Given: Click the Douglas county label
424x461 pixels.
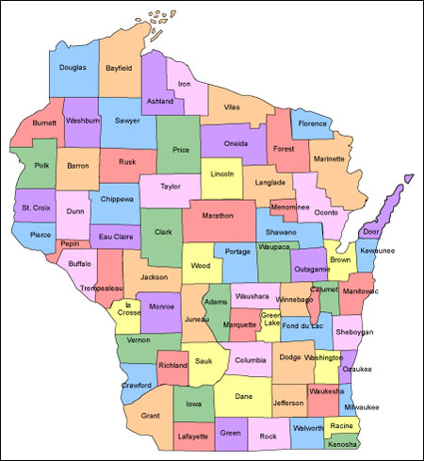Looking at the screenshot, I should click(x=72, y=68).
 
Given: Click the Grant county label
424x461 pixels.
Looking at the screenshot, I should click(x=150, y=415).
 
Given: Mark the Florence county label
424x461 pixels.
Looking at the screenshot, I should click(x=312, y=123).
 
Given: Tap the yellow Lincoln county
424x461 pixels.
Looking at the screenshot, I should click(x=222, y=174).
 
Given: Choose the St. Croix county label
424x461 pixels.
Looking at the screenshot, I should click(x=33, y=206).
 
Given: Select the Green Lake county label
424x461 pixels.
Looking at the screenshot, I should click(x=270, y=320).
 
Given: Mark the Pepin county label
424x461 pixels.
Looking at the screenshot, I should click(x=69, y=242).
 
